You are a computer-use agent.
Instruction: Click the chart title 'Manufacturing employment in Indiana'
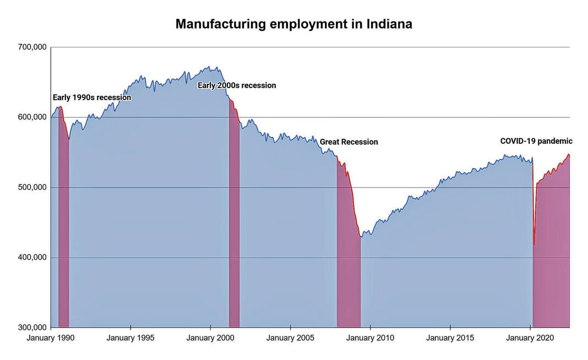pos(293,24)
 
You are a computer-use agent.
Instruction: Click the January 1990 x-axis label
pos(51,337)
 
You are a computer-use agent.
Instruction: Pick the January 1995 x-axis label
pos(130,337)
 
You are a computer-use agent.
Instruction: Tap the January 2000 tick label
pos(210,337)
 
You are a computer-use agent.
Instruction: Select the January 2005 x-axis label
pos(290,337)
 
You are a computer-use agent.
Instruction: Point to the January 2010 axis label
pos(371,337)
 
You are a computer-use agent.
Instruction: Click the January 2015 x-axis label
pos(450,337)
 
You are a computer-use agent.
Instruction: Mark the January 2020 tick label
pos(530,337)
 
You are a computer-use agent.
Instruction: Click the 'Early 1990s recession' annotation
pos(92,97)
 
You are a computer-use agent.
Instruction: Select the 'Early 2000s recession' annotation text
pos(237,85)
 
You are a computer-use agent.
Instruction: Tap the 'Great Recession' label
pos(349,142)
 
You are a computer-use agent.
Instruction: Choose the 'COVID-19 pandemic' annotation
pos(536,141)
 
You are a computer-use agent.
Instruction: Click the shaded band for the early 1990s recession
pos(64,231)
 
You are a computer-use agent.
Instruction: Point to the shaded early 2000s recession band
pos(235,231)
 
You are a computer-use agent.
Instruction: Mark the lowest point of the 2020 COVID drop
pos(534,245)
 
